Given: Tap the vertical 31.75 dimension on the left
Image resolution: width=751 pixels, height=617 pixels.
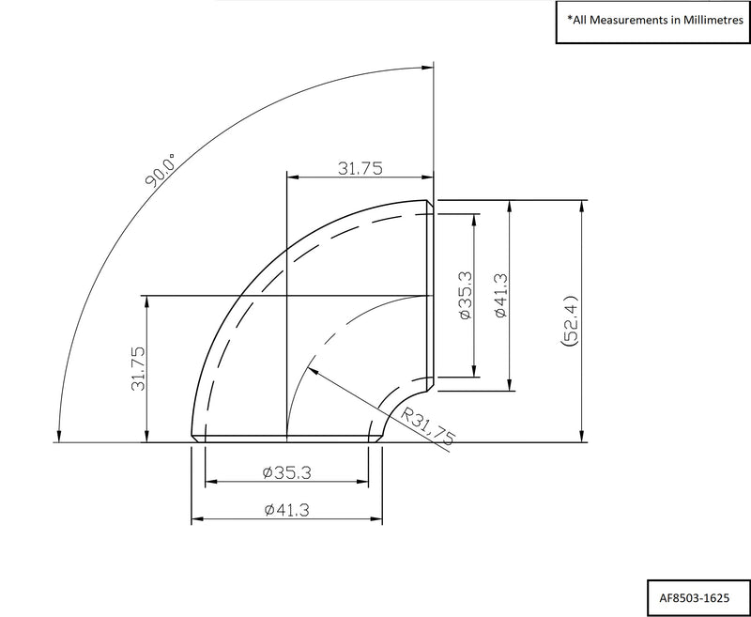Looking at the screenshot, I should click(x=138, y=368).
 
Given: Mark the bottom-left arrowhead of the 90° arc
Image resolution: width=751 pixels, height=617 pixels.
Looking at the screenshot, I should click(x=59, y=434).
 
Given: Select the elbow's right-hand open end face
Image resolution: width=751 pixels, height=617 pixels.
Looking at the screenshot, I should click(x=431, y=296).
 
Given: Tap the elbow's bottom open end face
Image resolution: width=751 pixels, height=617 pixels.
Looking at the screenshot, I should click(x=285, y=439).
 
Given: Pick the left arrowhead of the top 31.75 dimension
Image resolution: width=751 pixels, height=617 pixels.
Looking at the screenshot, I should click(x=292, y=177).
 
